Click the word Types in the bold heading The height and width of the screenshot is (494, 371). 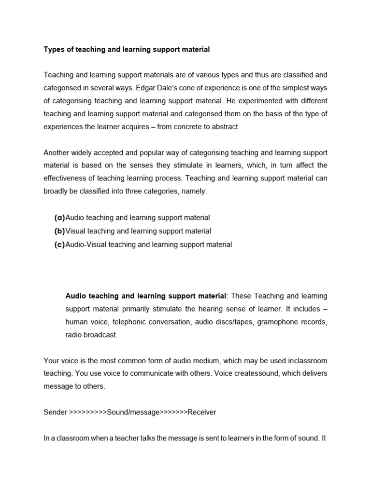click(x=54, y=49)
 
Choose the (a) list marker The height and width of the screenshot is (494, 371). click(x=59, y=218)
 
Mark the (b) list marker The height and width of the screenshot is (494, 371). click(x=59, y=231)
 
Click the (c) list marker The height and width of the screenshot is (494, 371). click(x=59, y=244)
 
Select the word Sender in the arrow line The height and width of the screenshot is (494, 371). click(x=56, y=412)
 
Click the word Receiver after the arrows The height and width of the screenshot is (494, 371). click(x=202, y=412)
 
